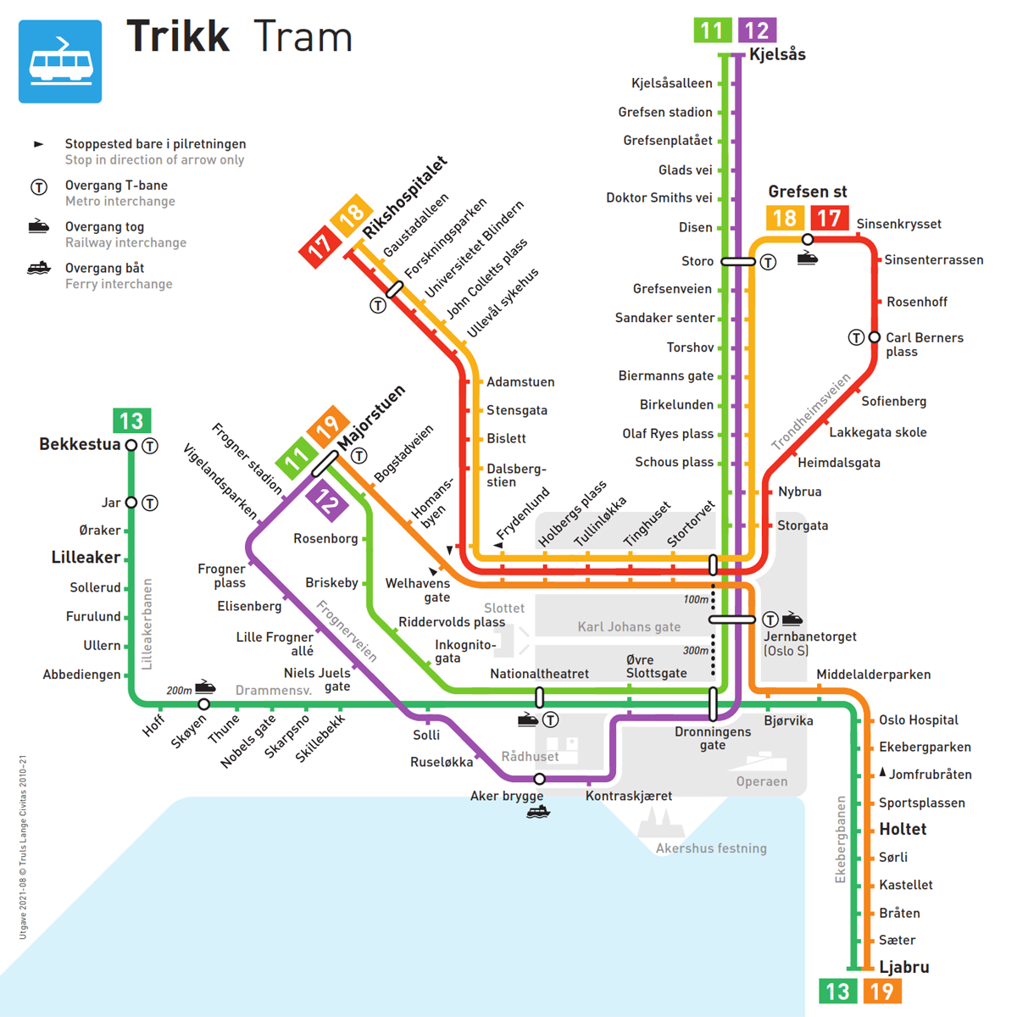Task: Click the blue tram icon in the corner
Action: coord(60,62)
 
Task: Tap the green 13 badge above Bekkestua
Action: coord(131,421)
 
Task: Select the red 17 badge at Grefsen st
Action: coord(828,219)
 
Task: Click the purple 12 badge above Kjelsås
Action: coord(757,31)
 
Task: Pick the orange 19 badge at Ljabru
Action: coord(882,992)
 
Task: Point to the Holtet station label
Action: coord(903,830)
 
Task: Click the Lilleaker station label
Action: coord(86,558)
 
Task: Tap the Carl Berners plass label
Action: coord(924,344)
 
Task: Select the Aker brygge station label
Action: coord(507,796)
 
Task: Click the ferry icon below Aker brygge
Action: coord(538,812)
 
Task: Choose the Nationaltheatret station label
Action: coord(539,674)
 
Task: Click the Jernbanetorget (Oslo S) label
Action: coord(809,643)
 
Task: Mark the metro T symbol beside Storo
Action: coord(768,262)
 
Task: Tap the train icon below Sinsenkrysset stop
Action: coord(808,258)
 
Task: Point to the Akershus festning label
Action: coord(711,848)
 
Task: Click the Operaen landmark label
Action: coord(762,781)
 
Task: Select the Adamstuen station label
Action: coord(520,382)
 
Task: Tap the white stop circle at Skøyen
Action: coord(204,704)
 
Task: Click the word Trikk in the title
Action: coord(178,36)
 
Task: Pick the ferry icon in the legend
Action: coord(39,269)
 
